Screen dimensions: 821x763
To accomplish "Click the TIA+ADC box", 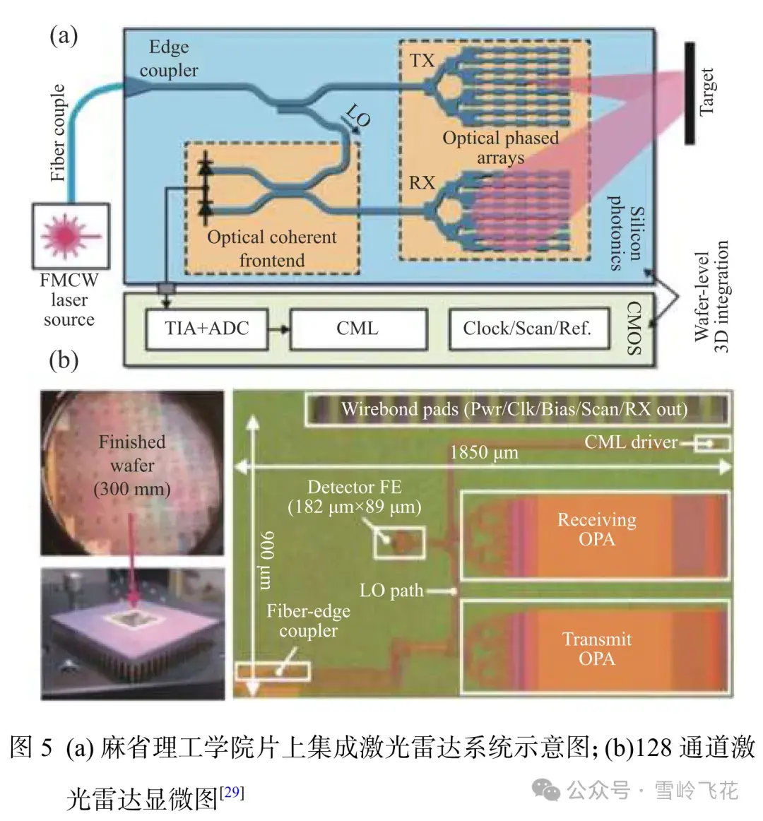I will point(206,329).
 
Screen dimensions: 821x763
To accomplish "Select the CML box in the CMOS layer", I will point(357,329).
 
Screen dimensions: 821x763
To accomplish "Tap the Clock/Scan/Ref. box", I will point(527,329).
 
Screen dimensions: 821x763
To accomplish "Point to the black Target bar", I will point(689,93).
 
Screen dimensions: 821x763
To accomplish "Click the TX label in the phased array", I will point(422,61).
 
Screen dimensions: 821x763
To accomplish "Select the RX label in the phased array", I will point(422,183).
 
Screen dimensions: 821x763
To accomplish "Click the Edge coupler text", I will point(169,59).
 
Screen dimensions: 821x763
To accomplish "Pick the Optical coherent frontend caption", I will point(272,248).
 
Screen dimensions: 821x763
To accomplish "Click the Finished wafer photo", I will point(132,471).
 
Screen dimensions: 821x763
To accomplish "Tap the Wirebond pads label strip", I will point(515,410).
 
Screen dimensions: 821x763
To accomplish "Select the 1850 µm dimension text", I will point(485,453).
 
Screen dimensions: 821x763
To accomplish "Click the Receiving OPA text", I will point(597,529).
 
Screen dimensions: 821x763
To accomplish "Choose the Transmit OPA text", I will point(597,649).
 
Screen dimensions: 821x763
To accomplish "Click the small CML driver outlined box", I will point(712,444).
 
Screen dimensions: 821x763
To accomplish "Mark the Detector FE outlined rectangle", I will point(400,543).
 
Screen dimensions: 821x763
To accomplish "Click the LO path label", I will point(392,591).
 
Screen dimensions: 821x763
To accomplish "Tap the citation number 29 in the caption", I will point(232,791).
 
